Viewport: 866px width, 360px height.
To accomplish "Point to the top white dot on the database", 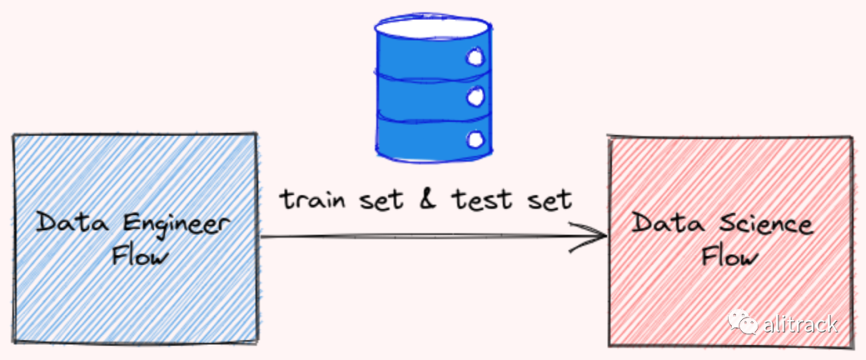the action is [x=475, y=58].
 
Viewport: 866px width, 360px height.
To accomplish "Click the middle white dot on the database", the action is [x=475, y=97].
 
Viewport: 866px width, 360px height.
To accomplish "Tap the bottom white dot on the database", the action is [x=475, y=139].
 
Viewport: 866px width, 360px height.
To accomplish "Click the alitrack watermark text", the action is [x=799, y=324].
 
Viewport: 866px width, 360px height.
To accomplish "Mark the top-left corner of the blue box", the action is [x=14, y=136].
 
